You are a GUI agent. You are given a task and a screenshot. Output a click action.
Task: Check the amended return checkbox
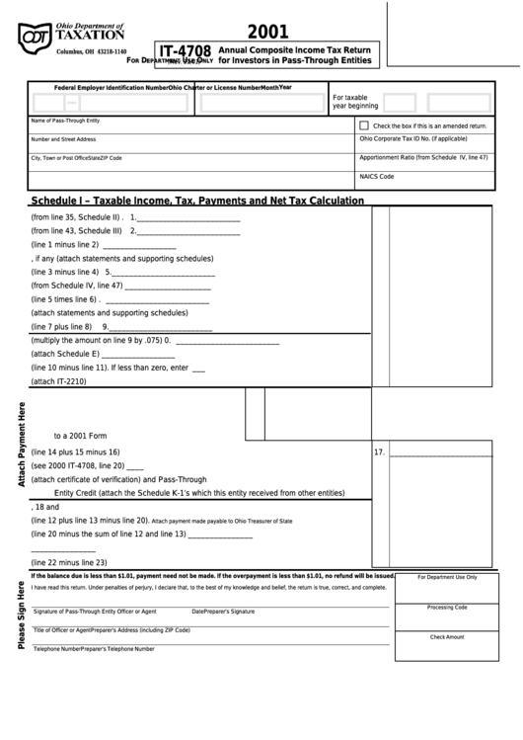click(364, 125)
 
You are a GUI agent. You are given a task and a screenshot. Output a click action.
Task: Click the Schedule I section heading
click(197, 201)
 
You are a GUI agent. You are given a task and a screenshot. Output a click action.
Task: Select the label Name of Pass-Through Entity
click(66, 121)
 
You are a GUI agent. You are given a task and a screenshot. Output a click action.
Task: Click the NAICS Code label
click(377, 176)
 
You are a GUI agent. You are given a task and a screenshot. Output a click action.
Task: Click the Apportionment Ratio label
click(423, 157)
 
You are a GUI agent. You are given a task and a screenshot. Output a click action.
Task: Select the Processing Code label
click(447, 607)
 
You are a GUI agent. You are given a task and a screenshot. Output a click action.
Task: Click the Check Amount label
click(447, 637)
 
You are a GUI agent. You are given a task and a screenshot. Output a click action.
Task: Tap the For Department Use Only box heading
click(447, 577)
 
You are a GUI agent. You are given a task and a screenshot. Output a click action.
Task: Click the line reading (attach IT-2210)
click(59, 381)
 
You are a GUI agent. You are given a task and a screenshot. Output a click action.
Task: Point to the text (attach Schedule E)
click(66, 354)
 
